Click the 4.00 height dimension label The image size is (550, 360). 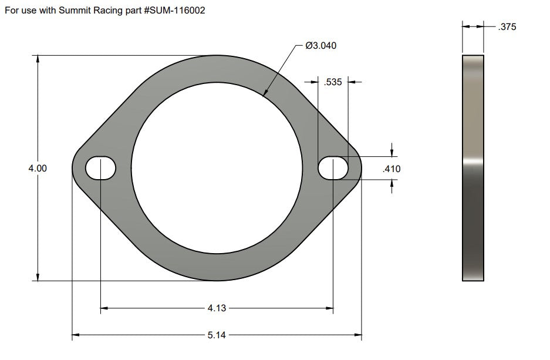coord(38,169)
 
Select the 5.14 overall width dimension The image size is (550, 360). coord(216,335)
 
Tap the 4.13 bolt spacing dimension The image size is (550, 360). coord(216,307)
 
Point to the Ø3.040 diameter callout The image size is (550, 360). coord(321,45)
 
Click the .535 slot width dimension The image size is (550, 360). coord(333,82)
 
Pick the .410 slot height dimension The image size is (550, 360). coord(391,169)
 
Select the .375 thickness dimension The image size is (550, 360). coord(507,26)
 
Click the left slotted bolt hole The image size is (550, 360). coord(100,169)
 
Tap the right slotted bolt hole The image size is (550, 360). coord(333,169)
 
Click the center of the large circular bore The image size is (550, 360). coord(217,168)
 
